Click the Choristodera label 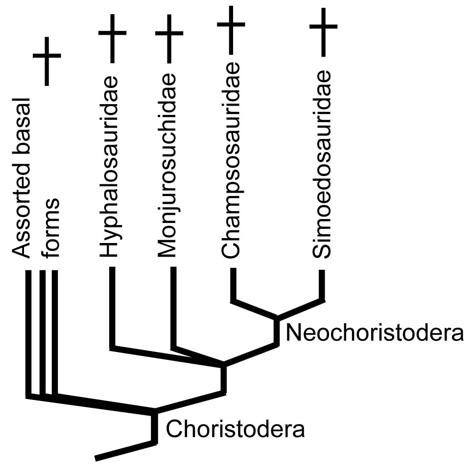tap(236, 430)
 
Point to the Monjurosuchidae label tap(168, 166)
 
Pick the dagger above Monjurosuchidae tap(169, 39)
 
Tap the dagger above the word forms tap(47, 61)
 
